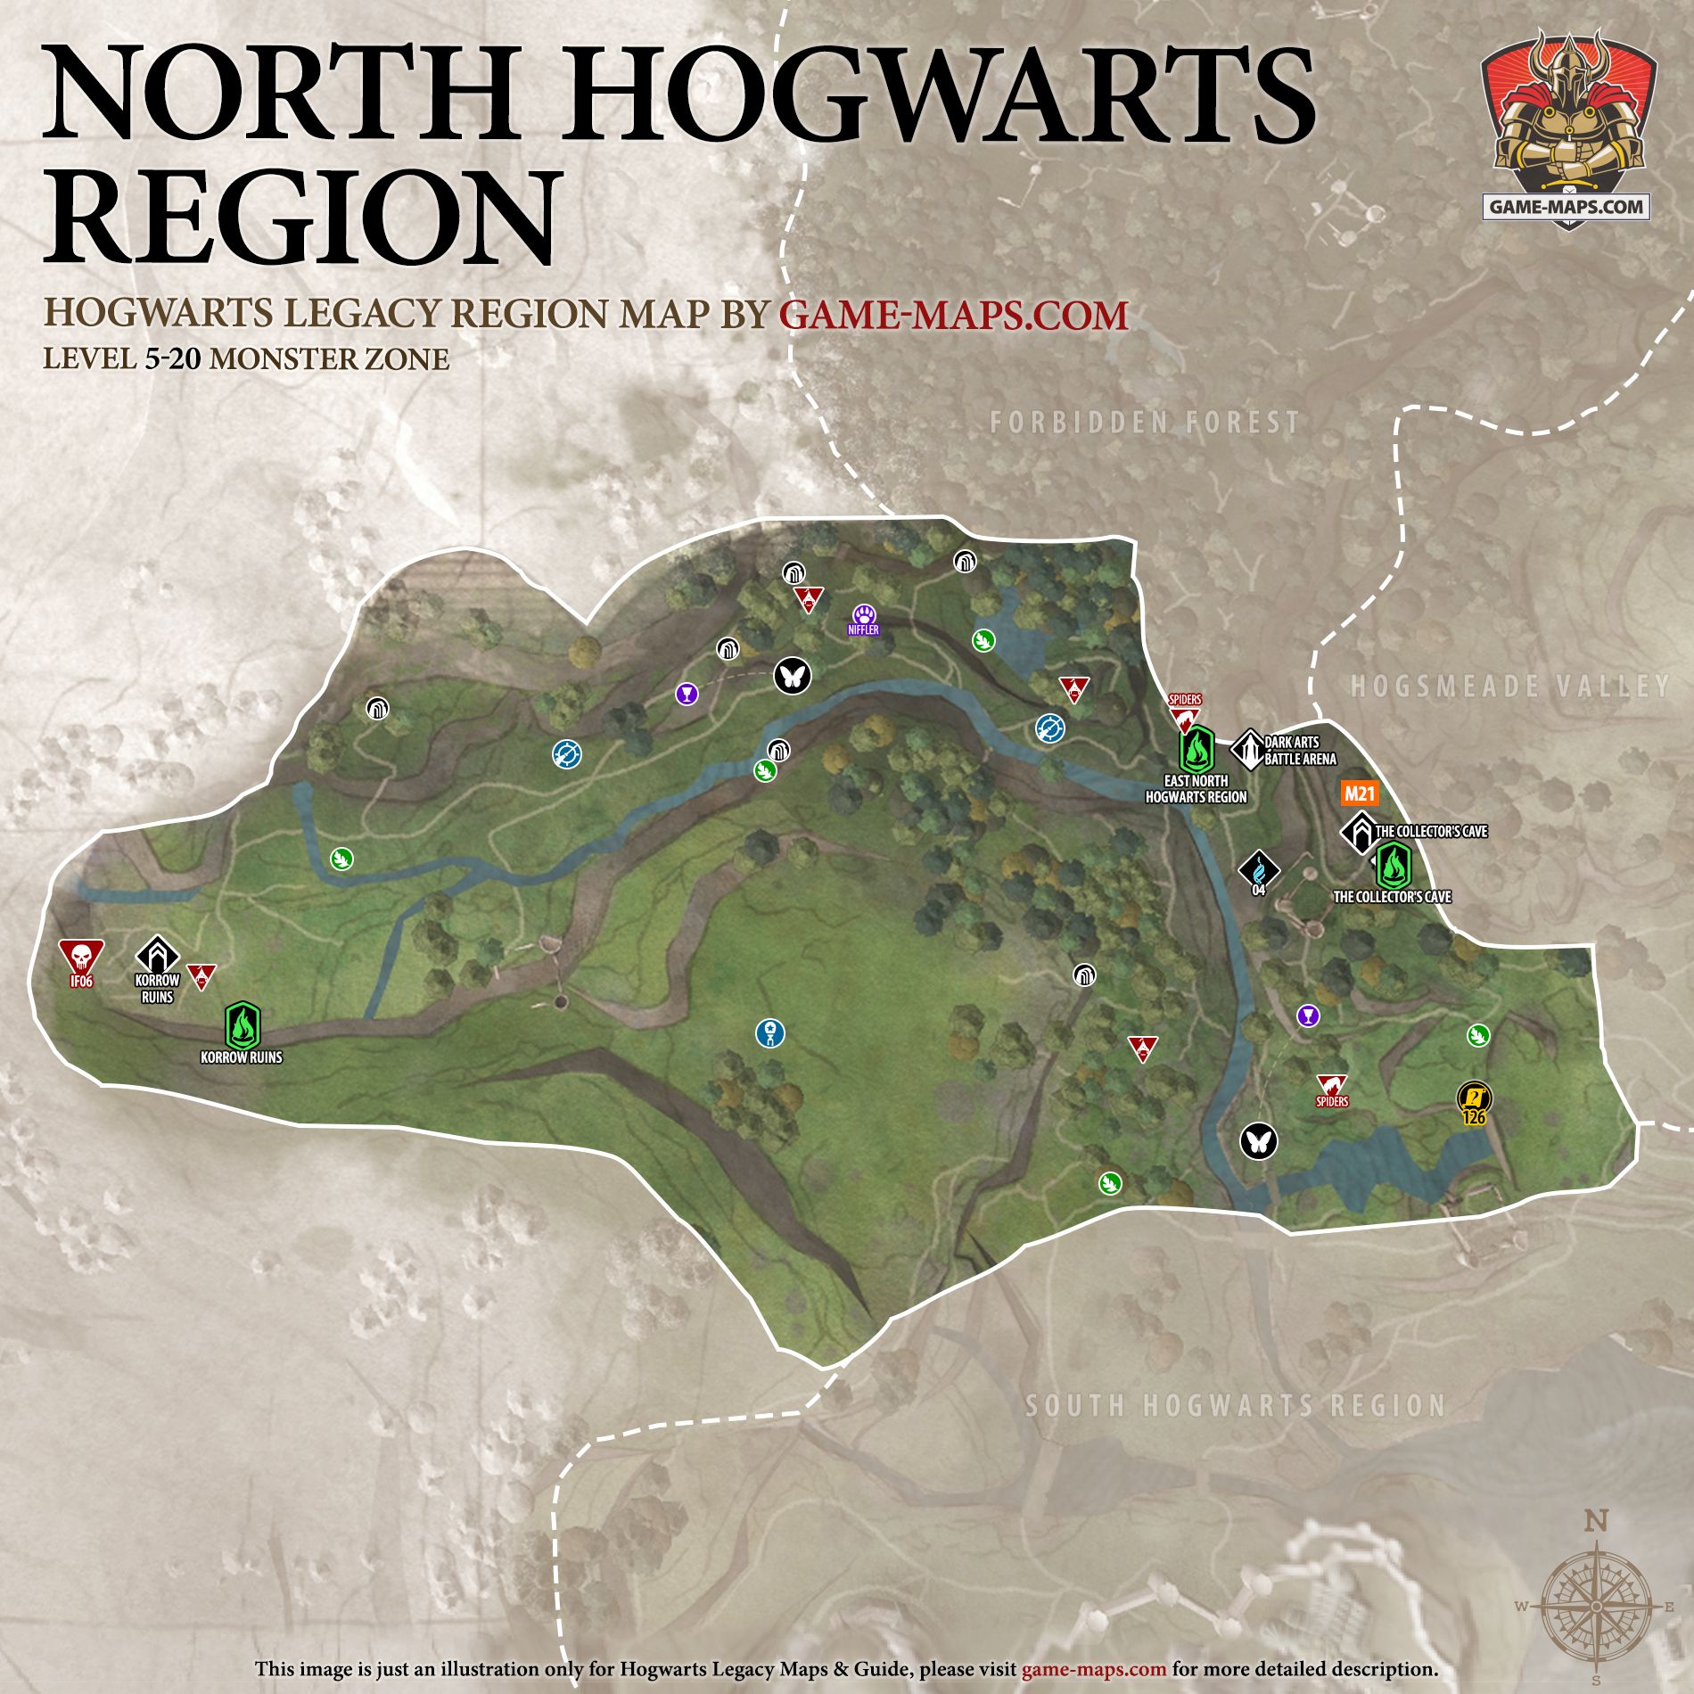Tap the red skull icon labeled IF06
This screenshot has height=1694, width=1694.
[x=81, y=959]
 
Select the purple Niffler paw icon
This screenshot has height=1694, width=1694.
[x=864, y=615]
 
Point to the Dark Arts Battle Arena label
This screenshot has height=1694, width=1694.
[x=1299, y=751]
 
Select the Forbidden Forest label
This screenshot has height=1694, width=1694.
[x=1145, y=422]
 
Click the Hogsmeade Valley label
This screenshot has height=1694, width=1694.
[x=1509, y=686]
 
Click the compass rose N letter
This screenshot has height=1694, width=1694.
[x=1596, y=1520]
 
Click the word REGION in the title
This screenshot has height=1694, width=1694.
[x=303, y=217]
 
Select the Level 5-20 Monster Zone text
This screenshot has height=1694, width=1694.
[x=246, y=359]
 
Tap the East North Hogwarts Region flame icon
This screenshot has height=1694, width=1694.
[x=1196, y=751]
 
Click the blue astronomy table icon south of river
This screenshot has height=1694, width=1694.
[x=769, y=1034]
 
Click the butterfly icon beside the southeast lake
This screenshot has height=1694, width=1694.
[x=1258, y=1140]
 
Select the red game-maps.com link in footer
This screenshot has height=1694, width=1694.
[x=1093, y=1669]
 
